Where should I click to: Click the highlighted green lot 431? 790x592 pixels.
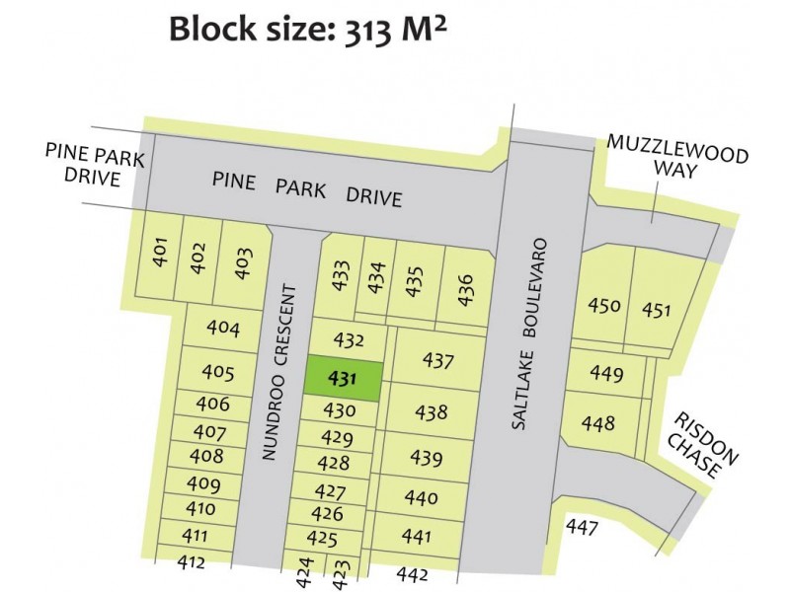pyautogui.click(x=342, y=378)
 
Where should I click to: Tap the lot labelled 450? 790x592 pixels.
pyautogui.click(x=603, y=305)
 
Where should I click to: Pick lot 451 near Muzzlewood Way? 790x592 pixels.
pyautogui.click(x=656, y=310)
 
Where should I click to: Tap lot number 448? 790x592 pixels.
pyautogui.click(x=597, y=424)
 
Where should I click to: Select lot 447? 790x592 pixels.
pyautogui.click(x=583, y=528)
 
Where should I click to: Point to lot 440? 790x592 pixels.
pyautogui.click(x=422, y=498)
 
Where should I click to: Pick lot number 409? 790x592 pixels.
pyautogui.click(x=203, y=483)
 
